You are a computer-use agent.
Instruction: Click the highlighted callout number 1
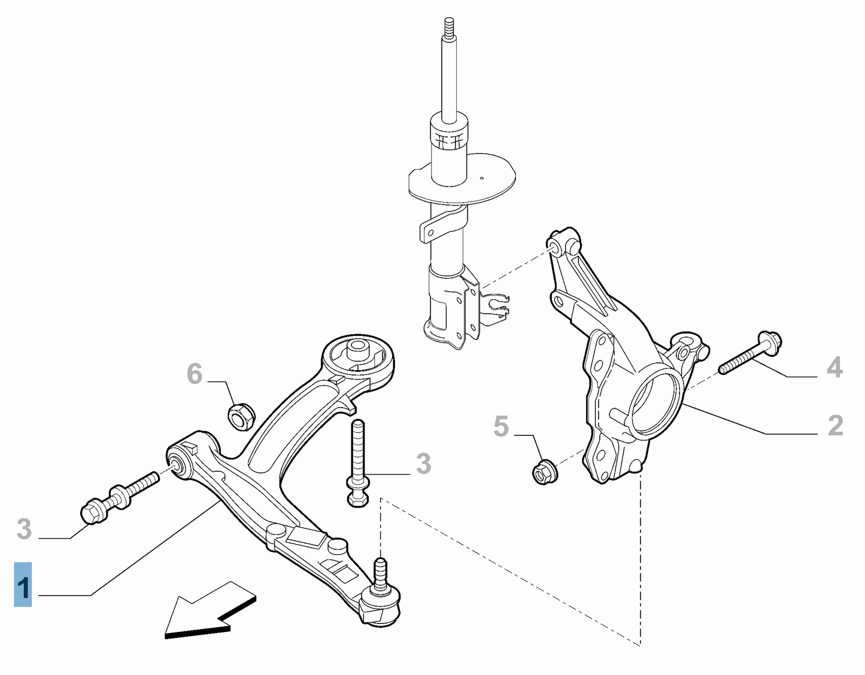(23, 585)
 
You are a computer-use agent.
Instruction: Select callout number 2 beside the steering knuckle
(835, 425)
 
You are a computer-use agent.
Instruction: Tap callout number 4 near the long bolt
(834, 367)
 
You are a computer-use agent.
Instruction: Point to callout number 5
(501, 426)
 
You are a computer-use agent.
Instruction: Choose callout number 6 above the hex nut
(195, 374)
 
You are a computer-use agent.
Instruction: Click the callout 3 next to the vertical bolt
(423, 463)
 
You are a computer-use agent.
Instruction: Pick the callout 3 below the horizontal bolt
(24, 529)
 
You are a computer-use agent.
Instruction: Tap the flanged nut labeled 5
(545, 471)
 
